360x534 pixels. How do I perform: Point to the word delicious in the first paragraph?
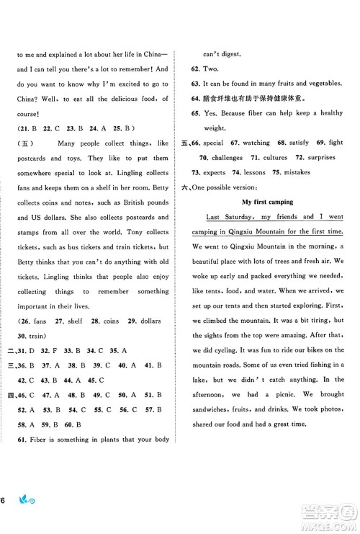coord(119,99)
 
